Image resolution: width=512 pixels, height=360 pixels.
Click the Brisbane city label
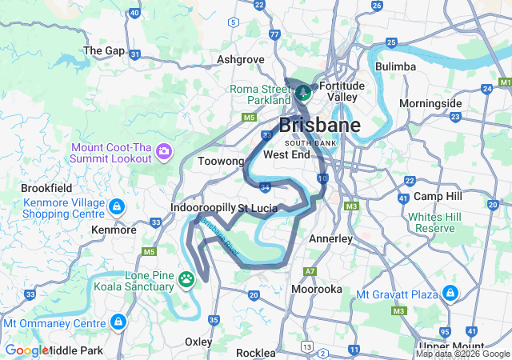(319, 125)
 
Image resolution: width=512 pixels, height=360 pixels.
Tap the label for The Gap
(104, 50)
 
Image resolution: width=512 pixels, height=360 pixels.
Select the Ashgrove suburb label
(241, 59)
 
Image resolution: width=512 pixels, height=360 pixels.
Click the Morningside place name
(430, 104)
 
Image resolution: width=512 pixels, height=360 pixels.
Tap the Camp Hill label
(438, 197)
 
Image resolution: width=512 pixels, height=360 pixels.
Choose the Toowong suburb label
(221, 161)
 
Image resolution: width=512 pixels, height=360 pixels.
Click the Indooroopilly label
(203, 207)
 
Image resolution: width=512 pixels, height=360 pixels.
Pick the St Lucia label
(258, 207)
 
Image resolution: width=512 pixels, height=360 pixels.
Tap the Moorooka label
(317, 289)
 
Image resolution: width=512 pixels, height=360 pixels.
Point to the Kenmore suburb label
(114, 230)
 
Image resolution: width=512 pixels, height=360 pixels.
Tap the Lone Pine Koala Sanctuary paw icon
(186, 279)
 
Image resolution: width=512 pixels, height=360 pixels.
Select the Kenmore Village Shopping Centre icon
(117, 207)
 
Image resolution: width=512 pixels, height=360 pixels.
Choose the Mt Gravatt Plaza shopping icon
(450, 294)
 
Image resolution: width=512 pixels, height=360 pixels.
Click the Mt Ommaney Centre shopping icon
(118, 322)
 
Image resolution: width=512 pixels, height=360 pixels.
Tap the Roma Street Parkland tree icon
(303, 93)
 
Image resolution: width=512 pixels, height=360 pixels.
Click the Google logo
(26, 350)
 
